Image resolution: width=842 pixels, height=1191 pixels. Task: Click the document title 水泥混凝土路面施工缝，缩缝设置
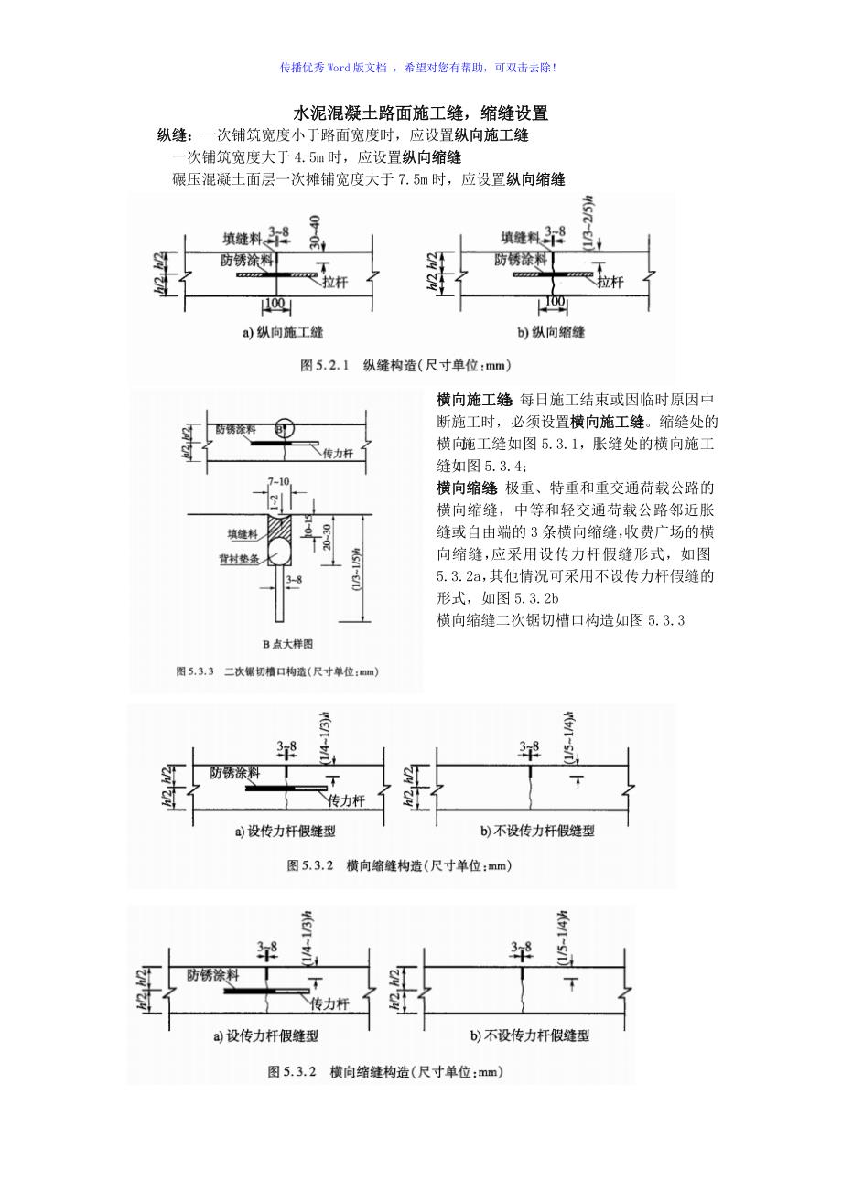tap(420, 114)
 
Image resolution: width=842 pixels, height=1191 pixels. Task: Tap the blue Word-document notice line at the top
tap(420, 68)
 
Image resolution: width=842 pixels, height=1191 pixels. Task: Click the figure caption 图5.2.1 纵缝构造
tap(405, 366)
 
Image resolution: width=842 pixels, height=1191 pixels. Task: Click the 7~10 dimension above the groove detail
tap(278, 481)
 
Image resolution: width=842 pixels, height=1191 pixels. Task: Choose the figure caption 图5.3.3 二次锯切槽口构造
tap(276, 671)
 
